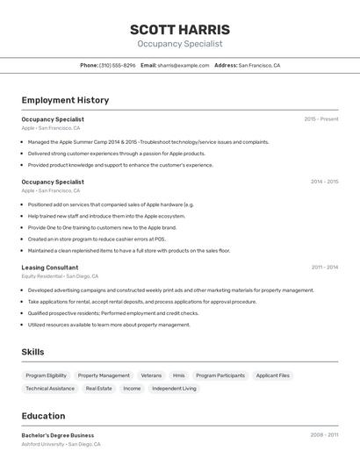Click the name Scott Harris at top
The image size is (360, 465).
click(179, 29)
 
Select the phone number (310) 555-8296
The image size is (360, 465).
click(118, 65)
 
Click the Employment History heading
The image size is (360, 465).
click(65, 100)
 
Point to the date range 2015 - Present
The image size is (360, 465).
click(321, 118)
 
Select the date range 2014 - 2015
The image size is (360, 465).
click(324, 182)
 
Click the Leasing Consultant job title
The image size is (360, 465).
click(50, 267)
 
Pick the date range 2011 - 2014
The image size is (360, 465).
click(324, 267)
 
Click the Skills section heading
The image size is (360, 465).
click(33, 352)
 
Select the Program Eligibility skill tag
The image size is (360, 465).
click(46, 376)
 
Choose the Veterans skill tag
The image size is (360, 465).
click(151, 376)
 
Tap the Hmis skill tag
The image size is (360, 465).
click(179, 376)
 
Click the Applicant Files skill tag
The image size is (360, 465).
click(272, 376)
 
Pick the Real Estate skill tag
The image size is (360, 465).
click(98, 388)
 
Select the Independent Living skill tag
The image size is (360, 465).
click(174, 388)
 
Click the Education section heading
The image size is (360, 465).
click(43, 416)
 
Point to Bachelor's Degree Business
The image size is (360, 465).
click(58, 435)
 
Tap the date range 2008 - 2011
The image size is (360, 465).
click(324, 435)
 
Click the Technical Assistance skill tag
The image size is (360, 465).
click(50, 388)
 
